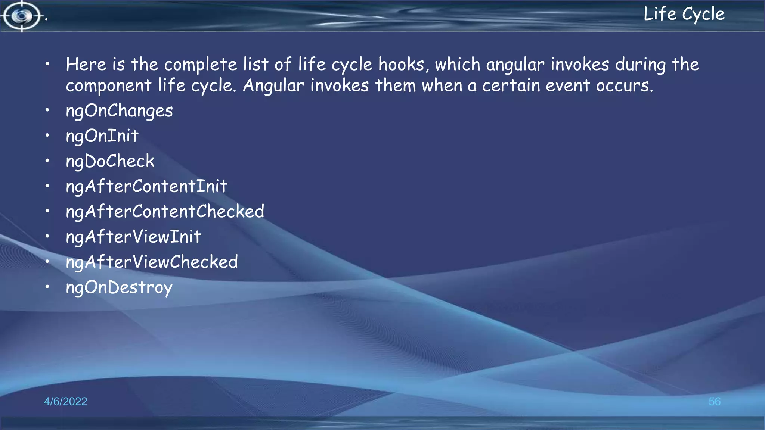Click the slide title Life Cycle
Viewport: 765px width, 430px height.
tap(684, 14)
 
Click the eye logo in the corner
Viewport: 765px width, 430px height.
tap(22, 16)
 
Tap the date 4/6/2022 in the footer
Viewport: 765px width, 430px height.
tap(65, 401)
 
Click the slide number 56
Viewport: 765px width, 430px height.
tap(714, 401)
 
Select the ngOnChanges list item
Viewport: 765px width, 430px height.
tap(119, 111)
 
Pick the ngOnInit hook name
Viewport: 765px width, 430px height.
tap(102, 136)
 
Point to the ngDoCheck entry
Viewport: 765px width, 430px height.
tap(110, 161)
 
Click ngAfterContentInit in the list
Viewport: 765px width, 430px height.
tap(146, 186)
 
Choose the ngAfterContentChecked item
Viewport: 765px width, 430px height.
tap(165, 212)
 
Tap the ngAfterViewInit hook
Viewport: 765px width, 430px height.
tap(133, 237)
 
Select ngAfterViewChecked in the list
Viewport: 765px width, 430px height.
tap(152, 262)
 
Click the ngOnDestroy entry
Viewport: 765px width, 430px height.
tap(119, 287)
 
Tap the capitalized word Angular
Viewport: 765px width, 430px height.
tap(273, 86)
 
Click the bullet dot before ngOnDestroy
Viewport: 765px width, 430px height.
tap(47, 287)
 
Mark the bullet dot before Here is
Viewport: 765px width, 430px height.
tap(47, 64)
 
